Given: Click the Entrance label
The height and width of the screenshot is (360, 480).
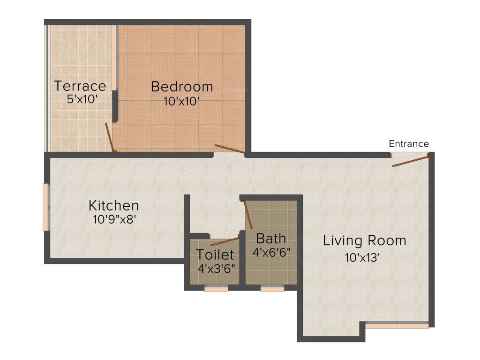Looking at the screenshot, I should pyautogui.click(x=409, y=144).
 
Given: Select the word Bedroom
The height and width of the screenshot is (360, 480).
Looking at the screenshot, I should pyautogui.click(x=182, y=87).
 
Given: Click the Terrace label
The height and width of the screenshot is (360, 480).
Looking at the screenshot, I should pyautogui.click(x=80, y=86).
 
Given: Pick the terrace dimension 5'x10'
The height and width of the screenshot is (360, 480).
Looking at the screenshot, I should pyautogui.click(x=82, y=99).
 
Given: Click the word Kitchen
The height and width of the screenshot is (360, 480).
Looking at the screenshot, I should pyautogui.click(x=114, y=205).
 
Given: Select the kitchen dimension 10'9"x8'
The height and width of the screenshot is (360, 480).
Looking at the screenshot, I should pyautogui.click(x=115, y=218).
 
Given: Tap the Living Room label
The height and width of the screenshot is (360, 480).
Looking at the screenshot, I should pyautogui.click(x=365, y=240).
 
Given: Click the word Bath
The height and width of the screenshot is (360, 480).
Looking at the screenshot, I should pyautogui.click(x=271, y=239).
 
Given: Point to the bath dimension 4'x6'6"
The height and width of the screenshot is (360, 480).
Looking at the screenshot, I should pyautogui.click(x=272, y=252).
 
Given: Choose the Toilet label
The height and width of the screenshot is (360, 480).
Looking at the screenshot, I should pyautogui.click(x=215, y=255).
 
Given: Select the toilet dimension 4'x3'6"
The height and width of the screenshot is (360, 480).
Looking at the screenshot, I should pyautogui.click(x=216, y=268).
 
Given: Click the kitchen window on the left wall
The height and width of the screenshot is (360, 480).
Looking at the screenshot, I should pyautogui.click(x=46, y=207).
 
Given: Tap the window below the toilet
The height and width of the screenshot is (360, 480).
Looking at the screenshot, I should pyautogui.click(x=217, y=289).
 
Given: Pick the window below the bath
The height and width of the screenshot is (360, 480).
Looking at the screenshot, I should pyautogui.click(x=272, y=289).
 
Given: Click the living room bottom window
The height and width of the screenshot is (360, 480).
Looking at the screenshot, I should pyautogui.click(x=397, y=324).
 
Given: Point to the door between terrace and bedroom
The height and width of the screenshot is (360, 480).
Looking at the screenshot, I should pyautogui.click(x=110, y=137).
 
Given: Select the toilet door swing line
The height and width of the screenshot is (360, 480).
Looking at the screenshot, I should pyautogui.click(x=225, y=241).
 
